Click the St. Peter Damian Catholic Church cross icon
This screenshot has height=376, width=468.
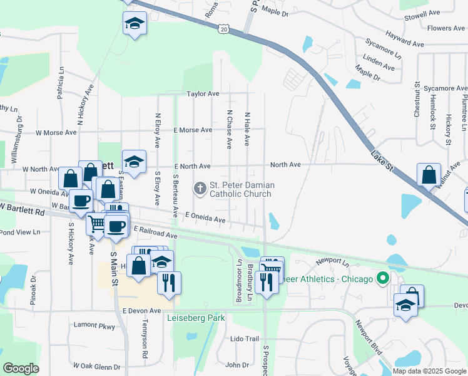[x=200, y=187]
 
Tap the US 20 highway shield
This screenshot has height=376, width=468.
[x=224, y=28]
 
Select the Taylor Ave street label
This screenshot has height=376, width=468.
[x=203, y=93]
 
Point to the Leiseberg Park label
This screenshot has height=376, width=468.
[x=196, y=318]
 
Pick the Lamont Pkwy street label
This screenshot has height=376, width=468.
[x=94, y=326]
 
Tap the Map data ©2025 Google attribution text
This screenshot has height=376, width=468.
[x=429, y=371]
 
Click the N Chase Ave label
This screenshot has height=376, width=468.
[x=229, y=129]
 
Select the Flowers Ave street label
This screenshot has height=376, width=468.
[x=447, y=28]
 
